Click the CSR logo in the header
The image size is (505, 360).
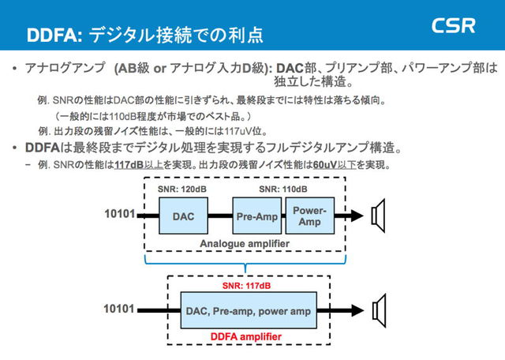[454, 26]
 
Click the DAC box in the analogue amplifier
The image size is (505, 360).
[183, 214]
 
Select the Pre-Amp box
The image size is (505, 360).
[257, 215]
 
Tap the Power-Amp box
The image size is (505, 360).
[309, 215]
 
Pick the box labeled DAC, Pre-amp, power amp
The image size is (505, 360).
[247, 311]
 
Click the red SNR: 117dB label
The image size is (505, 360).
[246, 285]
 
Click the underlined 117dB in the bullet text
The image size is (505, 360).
[129, 165]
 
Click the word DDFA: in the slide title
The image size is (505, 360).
[54, 36]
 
